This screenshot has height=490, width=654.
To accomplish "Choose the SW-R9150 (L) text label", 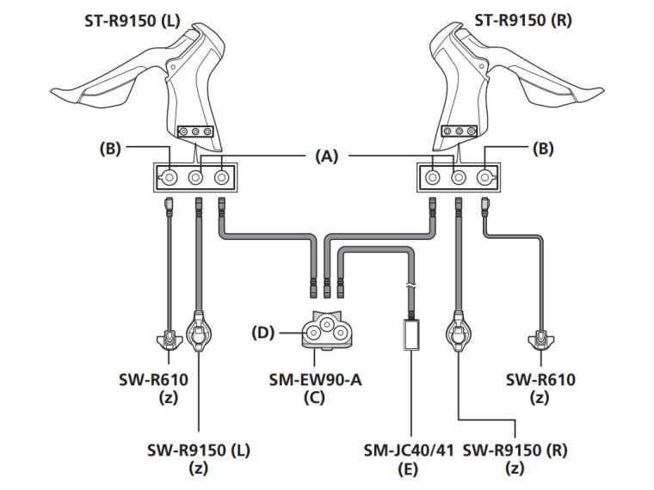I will tap(199, 450).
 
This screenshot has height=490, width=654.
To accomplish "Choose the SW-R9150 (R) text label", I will tap(515, 450).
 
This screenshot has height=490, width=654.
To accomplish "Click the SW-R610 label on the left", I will tap(152, 379).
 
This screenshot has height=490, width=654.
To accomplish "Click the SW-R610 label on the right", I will tap(541, 379).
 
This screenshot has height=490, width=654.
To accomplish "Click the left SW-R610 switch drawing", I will tap(169, 341).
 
